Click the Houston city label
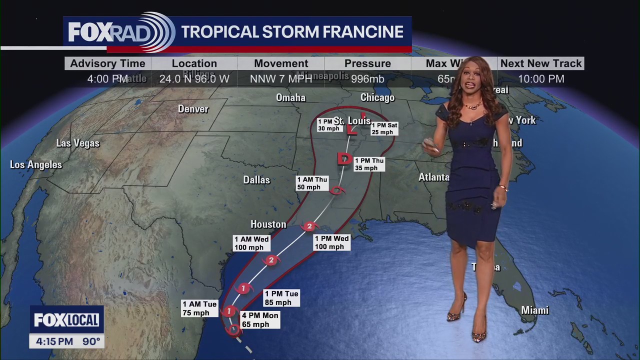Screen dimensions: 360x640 point(268,224)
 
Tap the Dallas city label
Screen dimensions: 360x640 point(256,180)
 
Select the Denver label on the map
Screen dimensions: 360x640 point(193,109)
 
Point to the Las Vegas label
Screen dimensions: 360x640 point(78,143)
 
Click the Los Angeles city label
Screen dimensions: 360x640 point(36,165)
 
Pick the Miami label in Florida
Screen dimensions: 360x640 point(535,310)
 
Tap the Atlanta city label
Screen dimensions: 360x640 point(434,177)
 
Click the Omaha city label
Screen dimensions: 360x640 point(290,97)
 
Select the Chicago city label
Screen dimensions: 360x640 point(377,97)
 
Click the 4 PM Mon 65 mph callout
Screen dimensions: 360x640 point(259,320)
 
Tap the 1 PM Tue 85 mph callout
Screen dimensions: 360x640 point(281,298)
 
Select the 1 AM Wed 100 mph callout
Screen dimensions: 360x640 point(251,243)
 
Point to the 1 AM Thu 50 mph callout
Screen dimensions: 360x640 point(312,183)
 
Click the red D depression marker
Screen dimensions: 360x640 point(344,159)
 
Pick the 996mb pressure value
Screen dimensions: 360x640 point(367,79)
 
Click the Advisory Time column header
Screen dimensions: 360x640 point(107,63)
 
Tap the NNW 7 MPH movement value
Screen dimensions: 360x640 point(281,79)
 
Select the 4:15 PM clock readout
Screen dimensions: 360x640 point(54,342)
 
